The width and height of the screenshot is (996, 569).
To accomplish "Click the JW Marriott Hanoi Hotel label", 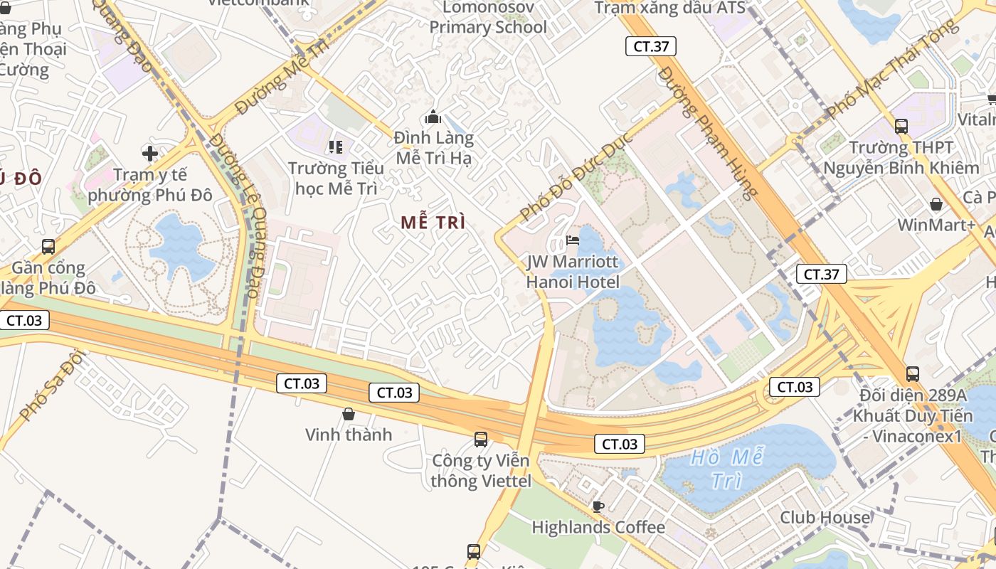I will pyautogui.click(x=573, y=272).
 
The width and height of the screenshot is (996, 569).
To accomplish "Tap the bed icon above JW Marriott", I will pyautogui.click(x=572, y=240).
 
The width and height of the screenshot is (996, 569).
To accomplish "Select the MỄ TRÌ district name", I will pyautogui.click(x=433, y=223).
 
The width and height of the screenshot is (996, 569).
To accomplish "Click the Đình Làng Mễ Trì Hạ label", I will pyautogui.click(x=434, y=148).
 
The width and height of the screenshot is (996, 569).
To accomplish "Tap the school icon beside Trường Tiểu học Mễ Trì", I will pyautogui.click(x=336, y=147).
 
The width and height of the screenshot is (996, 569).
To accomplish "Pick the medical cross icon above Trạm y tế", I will pyautogui.click(x=150, y=153).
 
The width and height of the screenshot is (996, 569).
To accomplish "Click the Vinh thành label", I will pyautogui.click(x=349, y=435).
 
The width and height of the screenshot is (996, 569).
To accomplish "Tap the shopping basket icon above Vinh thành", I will pyautogui.click(x=349, y=413).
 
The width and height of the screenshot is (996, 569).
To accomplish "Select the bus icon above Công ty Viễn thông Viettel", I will pyautogui.click(x=481, y=439).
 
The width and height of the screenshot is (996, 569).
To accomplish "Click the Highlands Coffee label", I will pyautogui.click(x=598, y=527).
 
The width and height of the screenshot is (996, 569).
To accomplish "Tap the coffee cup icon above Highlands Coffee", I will pyautogui.click(x=598, y=506).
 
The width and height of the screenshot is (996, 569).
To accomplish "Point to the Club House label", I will pyautogui.click(x=825, y=517).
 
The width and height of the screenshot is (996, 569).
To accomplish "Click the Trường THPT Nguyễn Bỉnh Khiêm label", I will pyautogui.click(x=901, y=158).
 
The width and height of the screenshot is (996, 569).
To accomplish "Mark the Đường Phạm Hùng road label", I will pyautogui.click(x=709, y=132).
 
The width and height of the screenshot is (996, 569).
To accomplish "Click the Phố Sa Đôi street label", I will pyautogui.click(x=52, y=388).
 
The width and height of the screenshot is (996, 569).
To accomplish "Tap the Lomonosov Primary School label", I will pyautogui.click(x=488, y=18).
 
